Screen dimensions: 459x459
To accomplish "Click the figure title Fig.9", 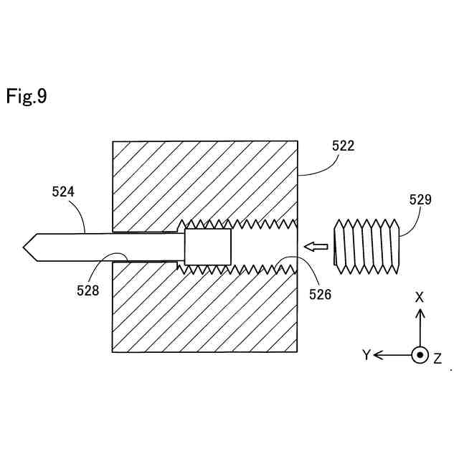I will [x=27, y=96].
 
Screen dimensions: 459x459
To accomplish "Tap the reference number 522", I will [x=343, y=146].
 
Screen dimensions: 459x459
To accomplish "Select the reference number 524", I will [x=63, y=191].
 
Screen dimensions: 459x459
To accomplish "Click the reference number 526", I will [x=320, y=293].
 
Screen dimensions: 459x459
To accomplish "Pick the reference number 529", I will [x=420, y=199].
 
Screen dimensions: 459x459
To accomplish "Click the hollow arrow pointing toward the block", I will [x=316, y=247].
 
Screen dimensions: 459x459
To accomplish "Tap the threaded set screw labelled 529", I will [x=366, y=246].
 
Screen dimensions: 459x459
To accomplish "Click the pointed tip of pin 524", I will [x=26, y=247].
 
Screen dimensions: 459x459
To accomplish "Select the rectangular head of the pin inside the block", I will [x=208, y=247].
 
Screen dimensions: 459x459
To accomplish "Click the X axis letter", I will [x=420, y=297].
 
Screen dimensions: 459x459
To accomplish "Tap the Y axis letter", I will [x=366, y=355].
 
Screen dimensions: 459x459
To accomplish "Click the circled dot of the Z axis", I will [x=420, y=355].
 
